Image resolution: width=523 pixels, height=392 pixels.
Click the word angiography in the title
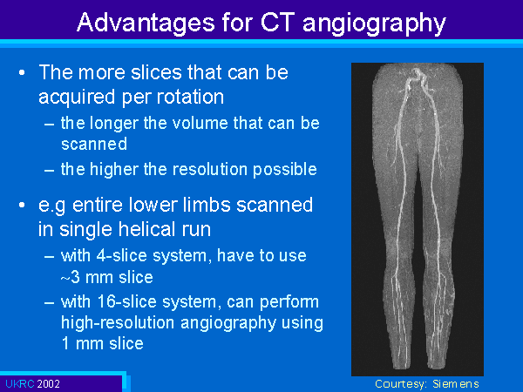(374, 24)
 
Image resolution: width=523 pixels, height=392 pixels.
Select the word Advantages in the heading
(146, 24)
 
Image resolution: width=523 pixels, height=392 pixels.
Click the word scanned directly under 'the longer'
(94, 144)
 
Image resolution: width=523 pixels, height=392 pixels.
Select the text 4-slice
(122, 255)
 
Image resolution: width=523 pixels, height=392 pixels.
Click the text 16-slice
(127, 301)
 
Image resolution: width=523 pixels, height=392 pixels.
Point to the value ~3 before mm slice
(71, 277)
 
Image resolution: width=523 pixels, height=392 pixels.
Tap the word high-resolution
(118, 323)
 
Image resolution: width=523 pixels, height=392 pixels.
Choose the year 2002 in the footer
(48, 383)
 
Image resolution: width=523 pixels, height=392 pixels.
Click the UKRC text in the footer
(20, 383)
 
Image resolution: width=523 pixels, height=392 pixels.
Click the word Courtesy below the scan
(401, 384)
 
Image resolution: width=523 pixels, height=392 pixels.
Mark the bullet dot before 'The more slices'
(22, 72)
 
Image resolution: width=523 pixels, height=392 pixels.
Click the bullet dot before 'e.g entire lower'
(22, 205)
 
